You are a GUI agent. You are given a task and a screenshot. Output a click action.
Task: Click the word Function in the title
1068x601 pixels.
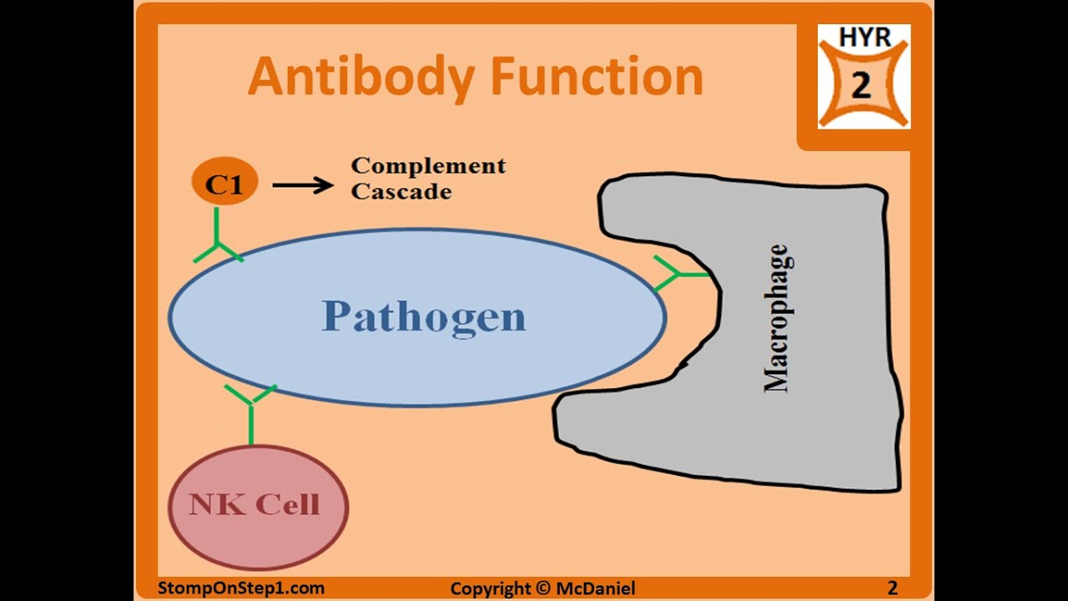pos(597,77)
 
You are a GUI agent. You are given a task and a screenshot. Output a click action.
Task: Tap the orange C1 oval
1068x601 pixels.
pos(224,183)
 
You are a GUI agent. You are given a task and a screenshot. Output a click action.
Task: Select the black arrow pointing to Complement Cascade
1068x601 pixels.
pos(302,184)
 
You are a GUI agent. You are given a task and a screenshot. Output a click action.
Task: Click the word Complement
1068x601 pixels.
pos(428,165)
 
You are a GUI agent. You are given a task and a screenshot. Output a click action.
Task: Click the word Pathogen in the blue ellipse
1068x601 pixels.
pos(424,316)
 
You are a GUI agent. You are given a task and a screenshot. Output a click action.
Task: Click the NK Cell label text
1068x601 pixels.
pos(254,504)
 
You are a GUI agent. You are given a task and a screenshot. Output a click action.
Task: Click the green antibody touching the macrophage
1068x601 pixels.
pos(680,274)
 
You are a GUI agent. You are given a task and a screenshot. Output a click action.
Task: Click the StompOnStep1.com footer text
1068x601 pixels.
pos(241,588)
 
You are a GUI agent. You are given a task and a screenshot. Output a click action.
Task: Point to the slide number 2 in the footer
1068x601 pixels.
pos(892,588)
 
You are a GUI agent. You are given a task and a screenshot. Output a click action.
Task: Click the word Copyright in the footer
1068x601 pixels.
pos(491,588)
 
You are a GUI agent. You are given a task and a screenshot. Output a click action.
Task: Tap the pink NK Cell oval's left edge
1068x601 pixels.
pos(170,506)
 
